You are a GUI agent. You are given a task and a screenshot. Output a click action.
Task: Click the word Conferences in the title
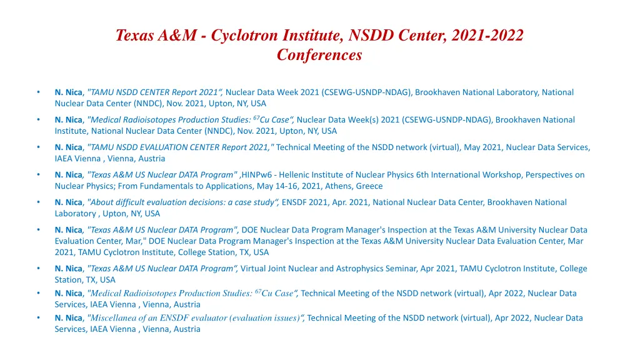click(319, 55)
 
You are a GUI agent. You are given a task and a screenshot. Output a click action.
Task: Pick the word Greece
click(369, 186)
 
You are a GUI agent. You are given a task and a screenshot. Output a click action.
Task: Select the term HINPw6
click(259, 175)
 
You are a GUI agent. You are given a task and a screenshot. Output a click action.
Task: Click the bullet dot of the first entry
click(38, 92)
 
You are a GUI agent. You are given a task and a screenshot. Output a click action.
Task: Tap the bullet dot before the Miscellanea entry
click(38, 318)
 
